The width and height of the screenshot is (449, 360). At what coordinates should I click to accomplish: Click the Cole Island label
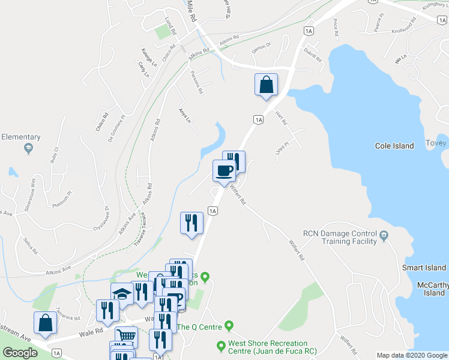click(x=394, y=146)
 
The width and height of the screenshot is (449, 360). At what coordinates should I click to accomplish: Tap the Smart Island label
click(x=424, y=268)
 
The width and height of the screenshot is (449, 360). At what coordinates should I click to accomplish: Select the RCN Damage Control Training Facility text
click(x=340, y=237)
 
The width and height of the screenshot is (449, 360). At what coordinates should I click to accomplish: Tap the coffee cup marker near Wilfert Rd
click(x=224, y=170)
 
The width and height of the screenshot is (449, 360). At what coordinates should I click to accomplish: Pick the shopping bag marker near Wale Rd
click(x=46, y=323)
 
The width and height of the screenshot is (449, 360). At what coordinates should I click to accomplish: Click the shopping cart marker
click(x=126, y=337)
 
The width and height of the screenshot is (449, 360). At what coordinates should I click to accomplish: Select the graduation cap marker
click(x=122, y=293)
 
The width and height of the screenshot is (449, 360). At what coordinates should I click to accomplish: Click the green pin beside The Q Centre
click(x=229, y=326)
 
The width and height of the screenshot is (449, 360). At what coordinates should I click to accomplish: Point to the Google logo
click(x=20, y=353)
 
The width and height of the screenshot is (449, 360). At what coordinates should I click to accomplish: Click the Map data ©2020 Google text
click(x=412, y=355)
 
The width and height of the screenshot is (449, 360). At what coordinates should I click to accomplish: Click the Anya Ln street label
click(x=184, y=115)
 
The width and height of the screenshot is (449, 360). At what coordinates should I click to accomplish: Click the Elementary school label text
click(x=20, y=137)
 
